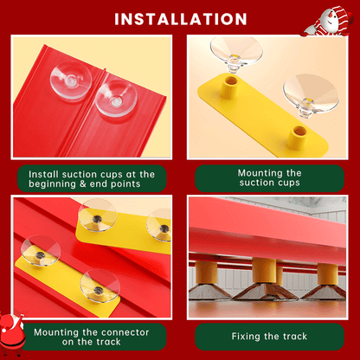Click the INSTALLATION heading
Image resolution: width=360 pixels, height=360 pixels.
point(181,19)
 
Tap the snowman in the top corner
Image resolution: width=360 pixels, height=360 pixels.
point(329,22)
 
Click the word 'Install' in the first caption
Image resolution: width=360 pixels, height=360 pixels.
point(44,174)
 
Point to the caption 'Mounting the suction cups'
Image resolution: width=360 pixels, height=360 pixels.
point(269,177)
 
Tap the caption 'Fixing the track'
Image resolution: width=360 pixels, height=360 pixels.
point(269,337)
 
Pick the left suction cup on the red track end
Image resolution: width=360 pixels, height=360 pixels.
point(71,80)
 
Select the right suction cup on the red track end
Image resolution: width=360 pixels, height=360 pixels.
point(116,98)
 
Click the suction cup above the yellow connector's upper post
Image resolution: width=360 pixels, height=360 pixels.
point(236,54)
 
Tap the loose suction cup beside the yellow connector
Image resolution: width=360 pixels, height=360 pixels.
point(311,95)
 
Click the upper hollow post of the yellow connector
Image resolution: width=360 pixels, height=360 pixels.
point(229,87)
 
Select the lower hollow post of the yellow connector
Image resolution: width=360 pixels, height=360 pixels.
point(298,137)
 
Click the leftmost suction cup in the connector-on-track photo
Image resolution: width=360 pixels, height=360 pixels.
point(41,250)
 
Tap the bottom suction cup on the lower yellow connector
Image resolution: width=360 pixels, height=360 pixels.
point(100,286)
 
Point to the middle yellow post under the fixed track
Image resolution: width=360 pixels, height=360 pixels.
point(264,270)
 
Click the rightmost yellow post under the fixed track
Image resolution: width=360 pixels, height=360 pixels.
point(327,273)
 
